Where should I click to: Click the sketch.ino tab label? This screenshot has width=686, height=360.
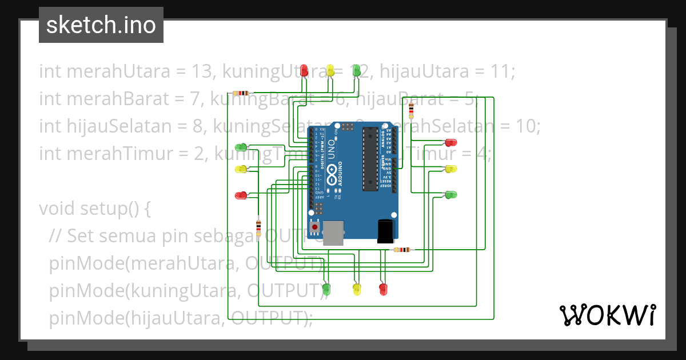[x=101, y=25]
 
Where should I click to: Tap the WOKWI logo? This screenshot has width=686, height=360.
[x=607, y=315]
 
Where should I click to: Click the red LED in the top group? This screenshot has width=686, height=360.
[x=305, y=70]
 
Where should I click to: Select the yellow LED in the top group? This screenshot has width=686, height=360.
[x=330, y=70]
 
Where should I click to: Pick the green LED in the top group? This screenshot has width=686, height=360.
[x=356, y=70]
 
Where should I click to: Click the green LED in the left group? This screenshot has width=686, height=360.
[x=241, y=148]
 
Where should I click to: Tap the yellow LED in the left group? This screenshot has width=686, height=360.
[x=241, y=169]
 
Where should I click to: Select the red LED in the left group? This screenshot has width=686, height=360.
[x=241, y=195]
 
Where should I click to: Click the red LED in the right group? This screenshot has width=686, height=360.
[x=451, y=142]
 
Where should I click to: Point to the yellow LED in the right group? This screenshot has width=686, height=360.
[x=451, y=169]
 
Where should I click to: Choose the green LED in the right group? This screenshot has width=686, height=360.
[x=451, y=195]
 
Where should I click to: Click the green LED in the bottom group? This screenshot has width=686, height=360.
[x=326, y=289]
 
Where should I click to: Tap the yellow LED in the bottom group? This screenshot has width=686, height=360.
[x=357, y=289]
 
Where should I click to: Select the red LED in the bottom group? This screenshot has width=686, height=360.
[x=383, y=289]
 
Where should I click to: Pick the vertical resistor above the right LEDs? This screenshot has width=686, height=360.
[x=411, y=109]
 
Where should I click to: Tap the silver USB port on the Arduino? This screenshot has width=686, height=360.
[x=333, y=233]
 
